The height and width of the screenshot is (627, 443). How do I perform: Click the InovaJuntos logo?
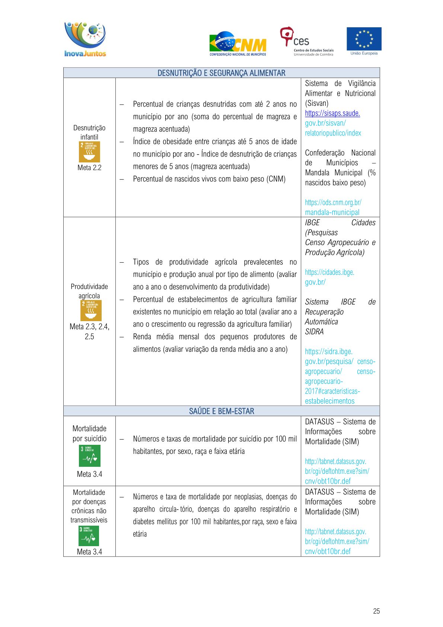85,39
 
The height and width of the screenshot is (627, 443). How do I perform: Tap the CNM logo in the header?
238,44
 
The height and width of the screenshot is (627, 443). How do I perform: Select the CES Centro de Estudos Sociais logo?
306,41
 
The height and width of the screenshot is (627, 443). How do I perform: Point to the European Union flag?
364,38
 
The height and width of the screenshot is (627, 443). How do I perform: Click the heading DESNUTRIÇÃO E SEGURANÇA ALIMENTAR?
221,73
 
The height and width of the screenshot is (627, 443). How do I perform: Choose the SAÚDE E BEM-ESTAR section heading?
221,411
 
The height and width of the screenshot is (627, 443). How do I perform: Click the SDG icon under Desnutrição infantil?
89,152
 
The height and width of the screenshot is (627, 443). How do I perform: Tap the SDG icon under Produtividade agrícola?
91,310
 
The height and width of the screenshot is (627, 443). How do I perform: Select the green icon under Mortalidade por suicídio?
90,456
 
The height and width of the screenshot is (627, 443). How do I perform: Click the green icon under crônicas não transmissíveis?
89,536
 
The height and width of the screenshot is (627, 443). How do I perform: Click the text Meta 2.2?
89,168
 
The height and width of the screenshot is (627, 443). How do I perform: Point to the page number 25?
376,611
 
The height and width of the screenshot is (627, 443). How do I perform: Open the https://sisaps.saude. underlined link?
332,113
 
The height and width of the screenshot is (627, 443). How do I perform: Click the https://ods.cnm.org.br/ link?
333,203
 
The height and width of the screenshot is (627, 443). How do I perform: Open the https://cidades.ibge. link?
329,272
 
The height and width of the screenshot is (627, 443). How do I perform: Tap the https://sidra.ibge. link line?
328,352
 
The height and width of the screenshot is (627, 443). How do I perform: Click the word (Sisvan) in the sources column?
316,103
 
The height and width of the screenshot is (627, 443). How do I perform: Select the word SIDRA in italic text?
314,332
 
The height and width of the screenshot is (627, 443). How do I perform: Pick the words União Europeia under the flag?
364,53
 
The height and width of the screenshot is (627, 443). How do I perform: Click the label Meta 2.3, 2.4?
89,327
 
